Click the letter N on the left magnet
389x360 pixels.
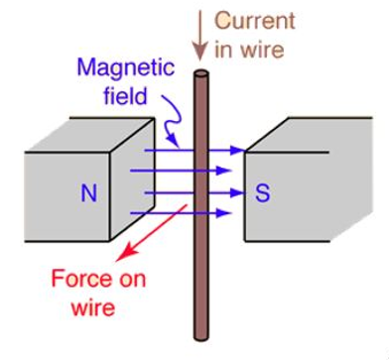(x=88, y=193)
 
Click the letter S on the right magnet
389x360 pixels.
(x=263, y=193)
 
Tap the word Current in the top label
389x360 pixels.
(x=257, y=21)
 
